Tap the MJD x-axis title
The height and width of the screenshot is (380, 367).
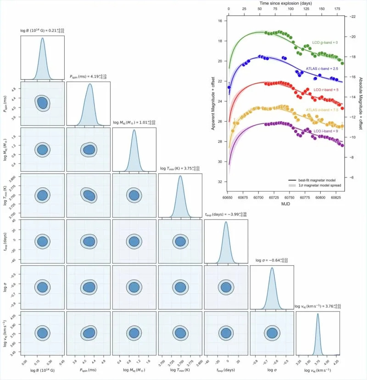click(285, 203)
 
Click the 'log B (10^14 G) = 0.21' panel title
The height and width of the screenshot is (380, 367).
click(42, 30)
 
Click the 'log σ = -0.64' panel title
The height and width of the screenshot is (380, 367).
click(272, 260)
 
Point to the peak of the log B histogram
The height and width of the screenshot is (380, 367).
click(43, 39)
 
